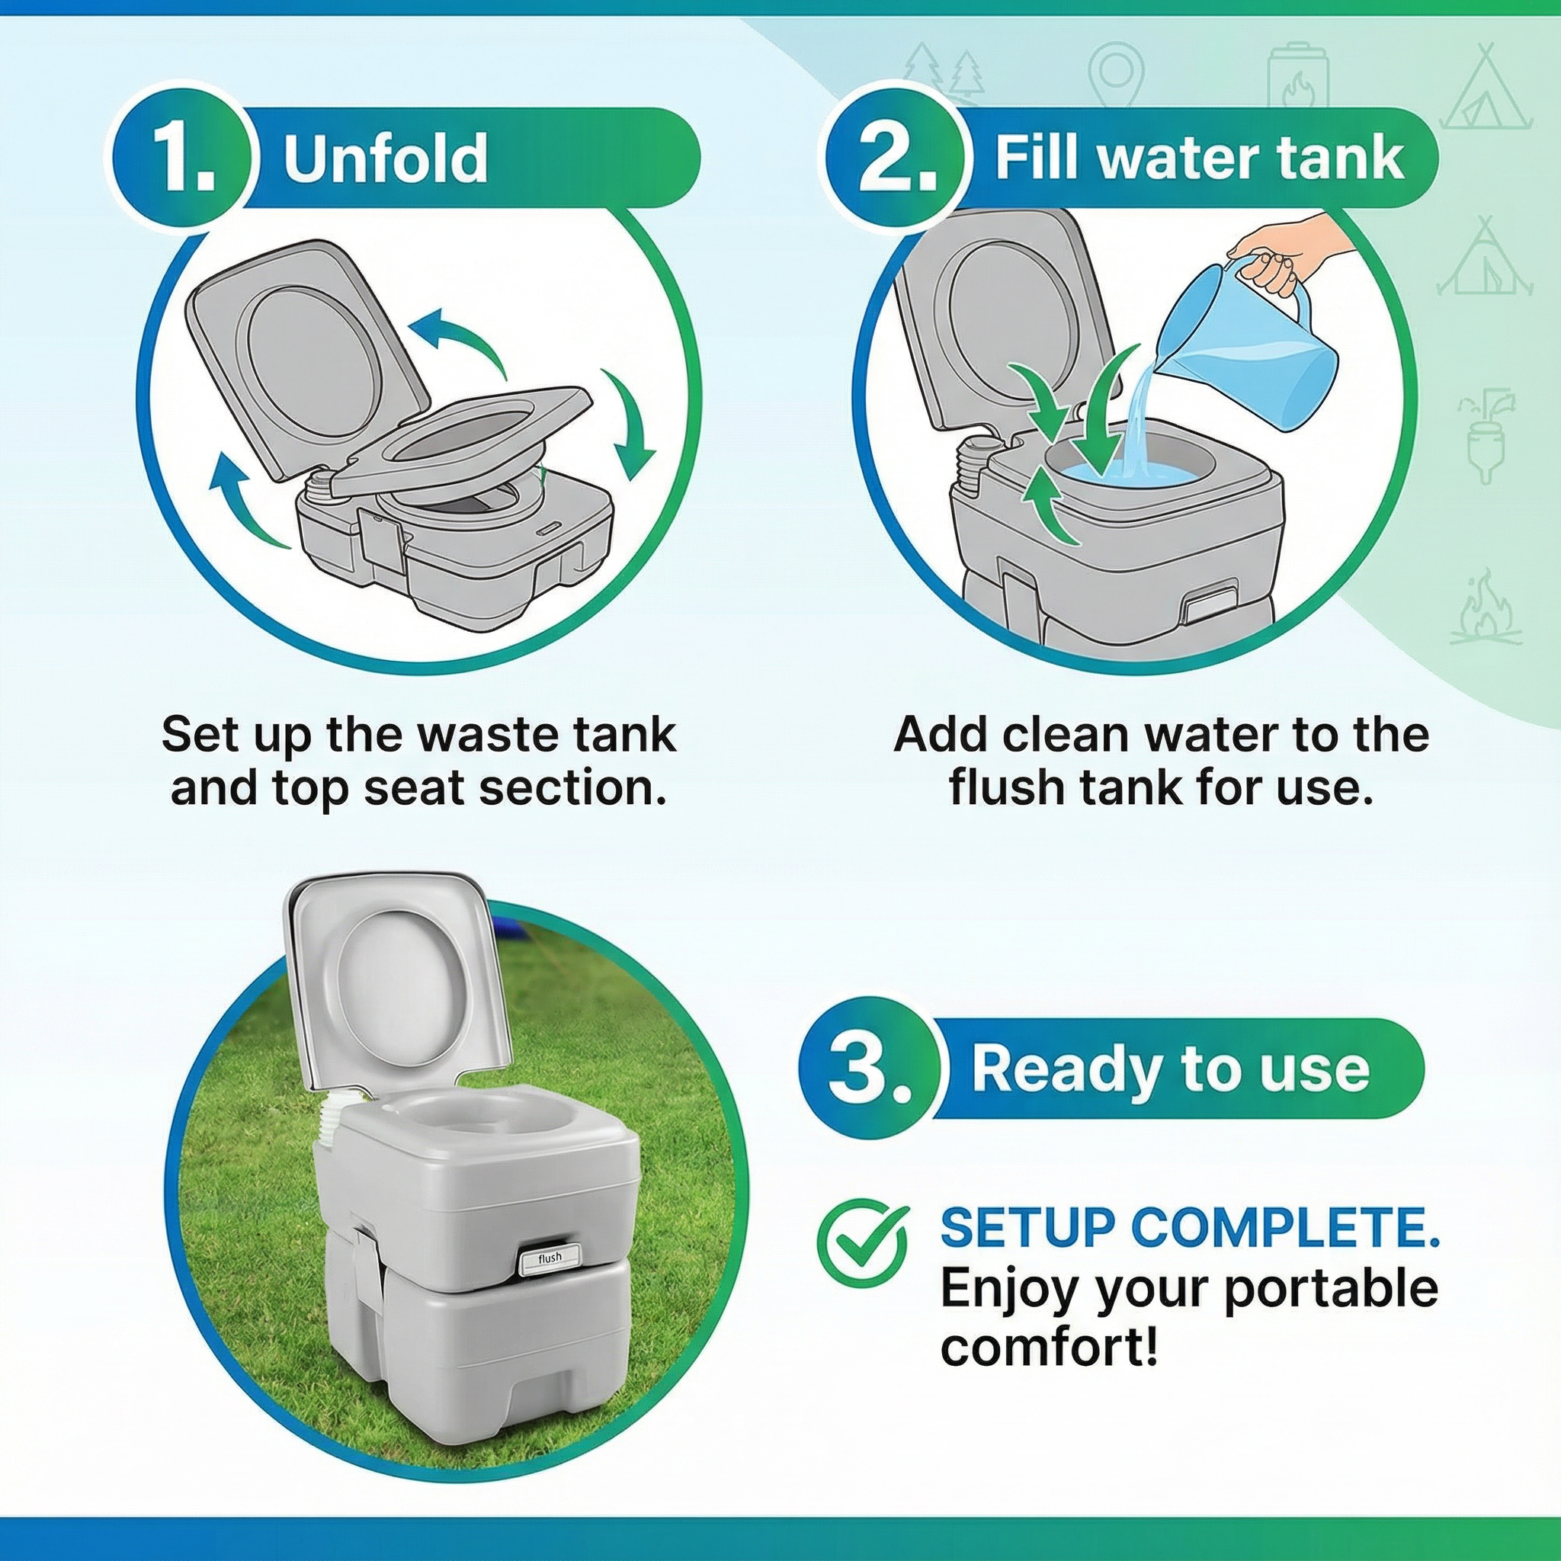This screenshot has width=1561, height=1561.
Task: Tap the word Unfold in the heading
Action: pyautogui.click(x=386, y=158)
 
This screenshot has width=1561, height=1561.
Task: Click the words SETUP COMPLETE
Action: pyautogui.click(x=1189, y=1227)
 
